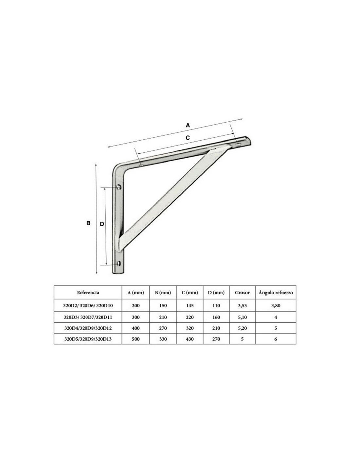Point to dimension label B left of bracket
(88, 223)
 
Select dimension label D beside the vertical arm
(102, 224)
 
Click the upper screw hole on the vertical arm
(119, 187)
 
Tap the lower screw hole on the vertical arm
(119, 263)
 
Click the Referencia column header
(88, 293)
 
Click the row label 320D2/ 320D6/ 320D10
(88, 305)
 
